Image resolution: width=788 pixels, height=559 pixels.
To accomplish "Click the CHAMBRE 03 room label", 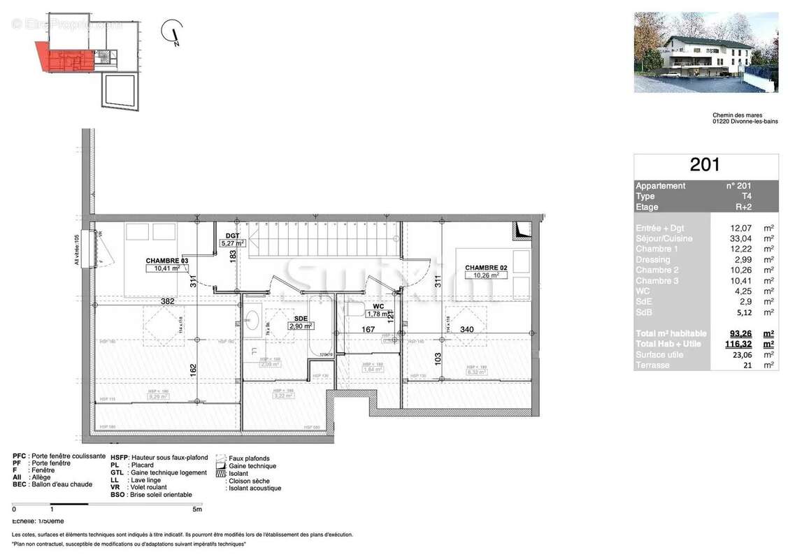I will (167, 260).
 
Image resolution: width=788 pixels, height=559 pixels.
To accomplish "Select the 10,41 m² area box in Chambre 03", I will (166, 268).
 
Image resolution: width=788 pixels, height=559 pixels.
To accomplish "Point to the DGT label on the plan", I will (232, 235).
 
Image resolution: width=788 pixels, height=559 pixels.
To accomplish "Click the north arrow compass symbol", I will (172, 33).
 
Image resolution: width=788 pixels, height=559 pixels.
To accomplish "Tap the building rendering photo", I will (705, 52).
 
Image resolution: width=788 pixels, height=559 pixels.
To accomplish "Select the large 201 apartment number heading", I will (705, 166).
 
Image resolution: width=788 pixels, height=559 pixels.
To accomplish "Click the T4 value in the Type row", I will (748, 196).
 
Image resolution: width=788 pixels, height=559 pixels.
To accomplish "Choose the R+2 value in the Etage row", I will (748, 207).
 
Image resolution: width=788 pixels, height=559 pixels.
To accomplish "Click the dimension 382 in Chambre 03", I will (168, 301).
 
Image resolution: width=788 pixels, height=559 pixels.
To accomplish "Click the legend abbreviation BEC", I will (19, 484).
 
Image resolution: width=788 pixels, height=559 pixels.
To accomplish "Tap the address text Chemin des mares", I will (736, 115).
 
